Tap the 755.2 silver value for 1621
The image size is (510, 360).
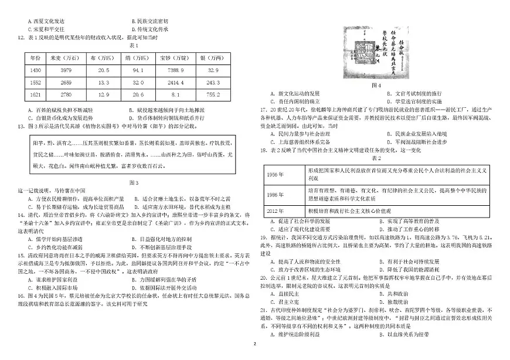[x=213, y=94]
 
